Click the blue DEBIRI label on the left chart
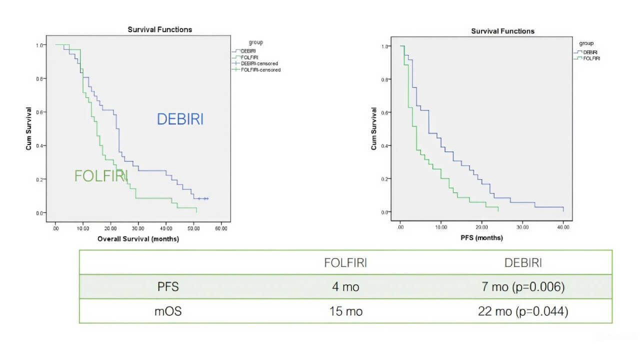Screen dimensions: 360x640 click(x=180, y=119)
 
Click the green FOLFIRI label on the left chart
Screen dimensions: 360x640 click(x=101, y=176)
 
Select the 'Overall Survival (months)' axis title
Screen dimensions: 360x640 click(x=138, y=239)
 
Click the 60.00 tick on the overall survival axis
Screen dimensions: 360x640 click(x=221, y=228)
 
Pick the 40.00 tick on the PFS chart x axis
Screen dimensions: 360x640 click(x=563, y=227)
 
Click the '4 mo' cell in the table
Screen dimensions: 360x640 click(x=345, y=287)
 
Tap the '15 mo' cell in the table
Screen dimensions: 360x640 click(x=345, y=311)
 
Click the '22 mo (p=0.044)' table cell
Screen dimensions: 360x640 click(x=522, y=311)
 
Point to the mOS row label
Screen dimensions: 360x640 click(x=167, y=311)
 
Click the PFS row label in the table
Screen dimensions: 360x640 click(x=167, y=287)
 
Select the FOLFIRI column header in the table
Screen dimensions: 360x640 click(x=345, y=263)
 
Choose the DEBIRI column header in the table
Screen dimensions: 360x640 click(x=522, y=263)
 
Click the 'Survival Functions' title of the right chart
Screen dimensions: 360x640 click(x=502, y=31)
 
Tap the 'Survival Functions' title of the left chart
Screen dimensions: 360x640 click(x=159, y=29)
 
